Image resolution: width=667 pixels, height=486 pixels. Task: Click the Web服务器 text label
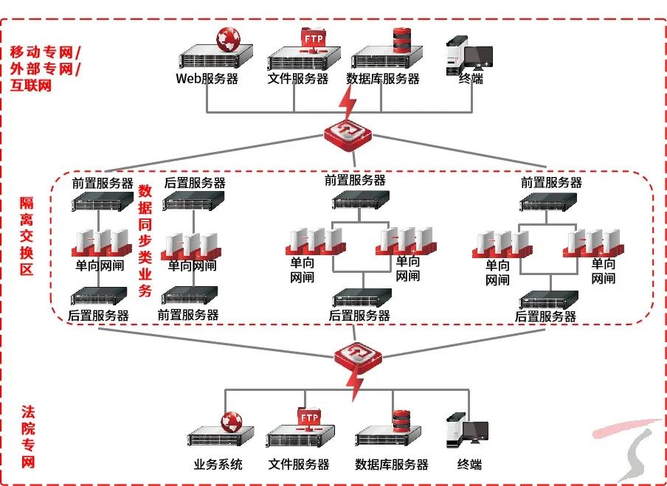(x=207, y=79)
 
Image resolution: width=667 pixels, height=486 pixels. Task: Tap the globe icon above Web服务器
(x=229, y=38)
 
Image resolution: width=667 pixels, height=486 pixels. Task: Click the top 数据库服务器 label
(x=383, y=79)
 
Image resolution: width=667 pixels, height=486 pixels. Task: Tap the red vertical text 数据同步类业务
(x=145, y=240)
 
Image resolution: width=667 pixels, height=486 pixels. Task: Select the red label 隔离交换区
(x=27, y=236)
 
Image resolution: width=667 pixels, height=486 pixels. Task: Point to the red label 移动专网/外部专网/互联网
(x=45, y=69)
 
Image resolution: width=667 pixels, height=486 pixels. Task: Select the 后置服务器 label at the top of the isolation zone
(x=195, y=183)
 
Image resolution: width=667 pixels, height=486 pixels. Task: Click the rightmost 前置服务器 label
(x=551, y=182)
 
